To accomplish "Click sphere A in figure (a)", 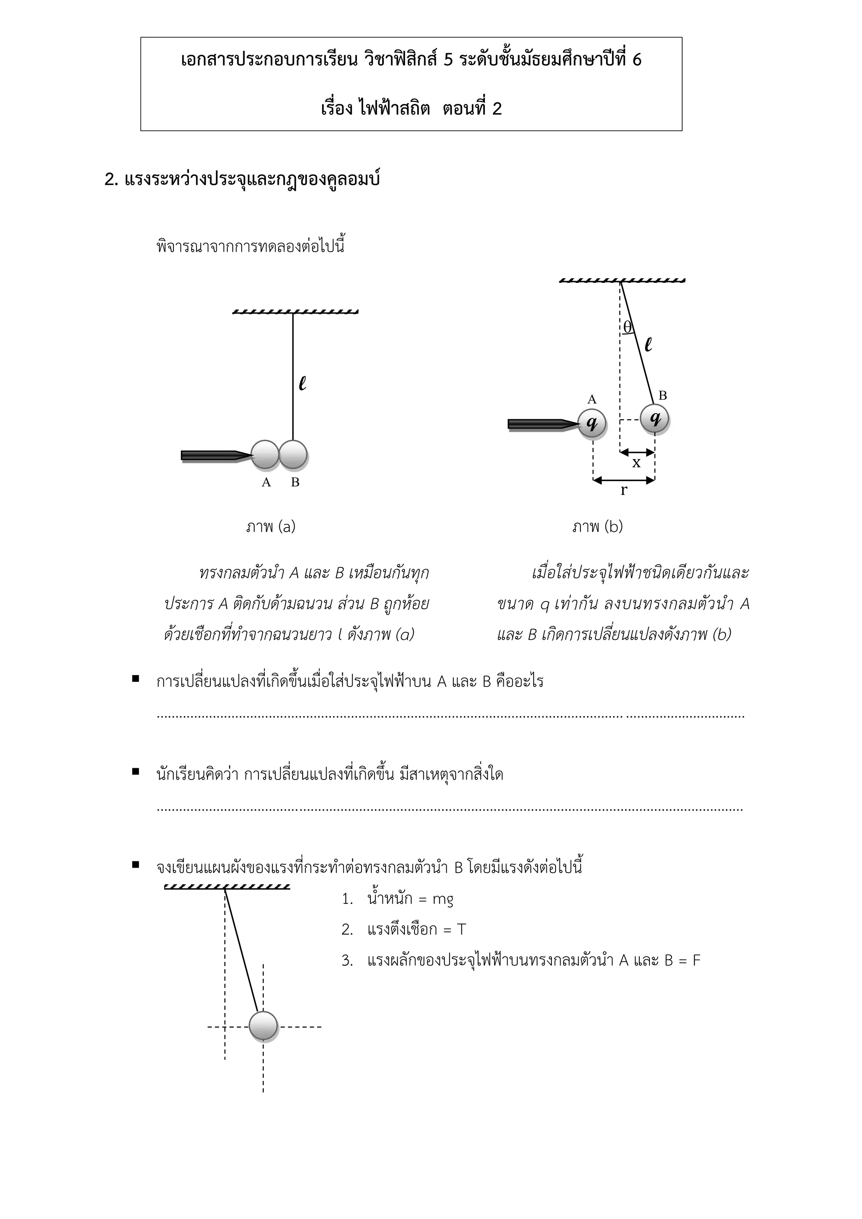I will coord(265,455).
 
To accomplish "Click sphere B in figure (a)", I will coord(293,455).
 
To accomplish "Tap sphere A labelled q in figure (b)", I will coord(592,423).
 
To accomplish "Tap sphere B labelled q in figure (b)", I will coord(654,418).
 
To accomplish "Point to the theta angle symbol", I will coord(628,327).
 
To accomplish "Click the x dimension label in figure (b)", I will coord(636,463).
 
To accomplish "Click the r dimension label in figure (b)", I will coord(624,490).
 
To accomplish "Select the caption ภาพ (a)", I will coord(271,527).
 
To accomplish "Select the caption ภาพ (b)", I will coord(598,527).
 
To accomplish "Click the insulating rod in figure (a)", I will coord(212,455).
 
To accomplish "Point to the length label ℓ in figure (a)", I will coord(303,383).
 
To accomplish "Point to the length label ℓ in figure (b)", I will coord(648,345).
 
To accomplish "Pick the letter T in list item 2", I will coord(461,930).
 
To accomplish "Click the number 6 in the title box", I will coord(636,59).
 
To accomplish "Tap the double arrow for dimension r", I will coord(624,480).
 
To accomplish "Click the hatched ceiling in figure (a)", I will coord(295,311).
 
